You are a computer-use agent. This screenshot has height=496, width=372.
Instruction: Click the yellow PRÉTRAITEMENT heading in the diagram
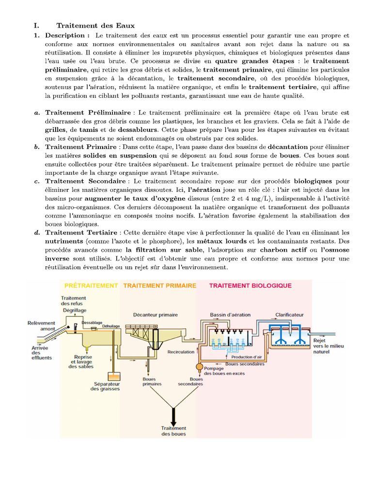[91, 286]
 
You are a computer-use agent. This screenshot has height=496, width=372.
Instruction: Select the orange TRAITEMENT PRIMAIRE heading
[160, 286]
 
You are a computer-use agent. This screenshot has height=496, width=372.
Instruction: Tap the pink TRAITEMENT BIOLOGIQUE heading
[250, 286]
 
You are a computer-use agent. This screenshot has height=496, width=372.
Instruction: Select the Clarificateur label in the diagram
[290, 314]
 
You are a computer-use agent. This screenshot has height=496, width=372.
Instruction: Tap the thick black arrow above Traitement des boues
[173, 416]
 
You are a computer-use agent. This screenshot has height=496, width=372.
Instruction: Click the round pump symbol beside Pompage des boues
[199, 367]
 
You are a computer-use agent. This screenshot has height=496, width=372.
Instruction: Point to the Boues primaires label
[149, 382]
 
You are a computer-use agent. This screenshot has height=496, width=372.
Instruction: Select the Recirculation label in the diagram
[181, 352]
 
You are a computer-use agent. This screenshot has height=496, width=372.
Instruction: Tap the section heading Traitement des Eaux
[95, 25]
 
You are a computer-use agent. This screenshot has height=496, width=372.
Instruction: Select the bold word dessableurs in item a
[137, 130]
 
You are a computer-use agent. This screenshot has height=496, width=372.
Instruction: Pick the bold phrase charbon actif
[280, 250]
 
